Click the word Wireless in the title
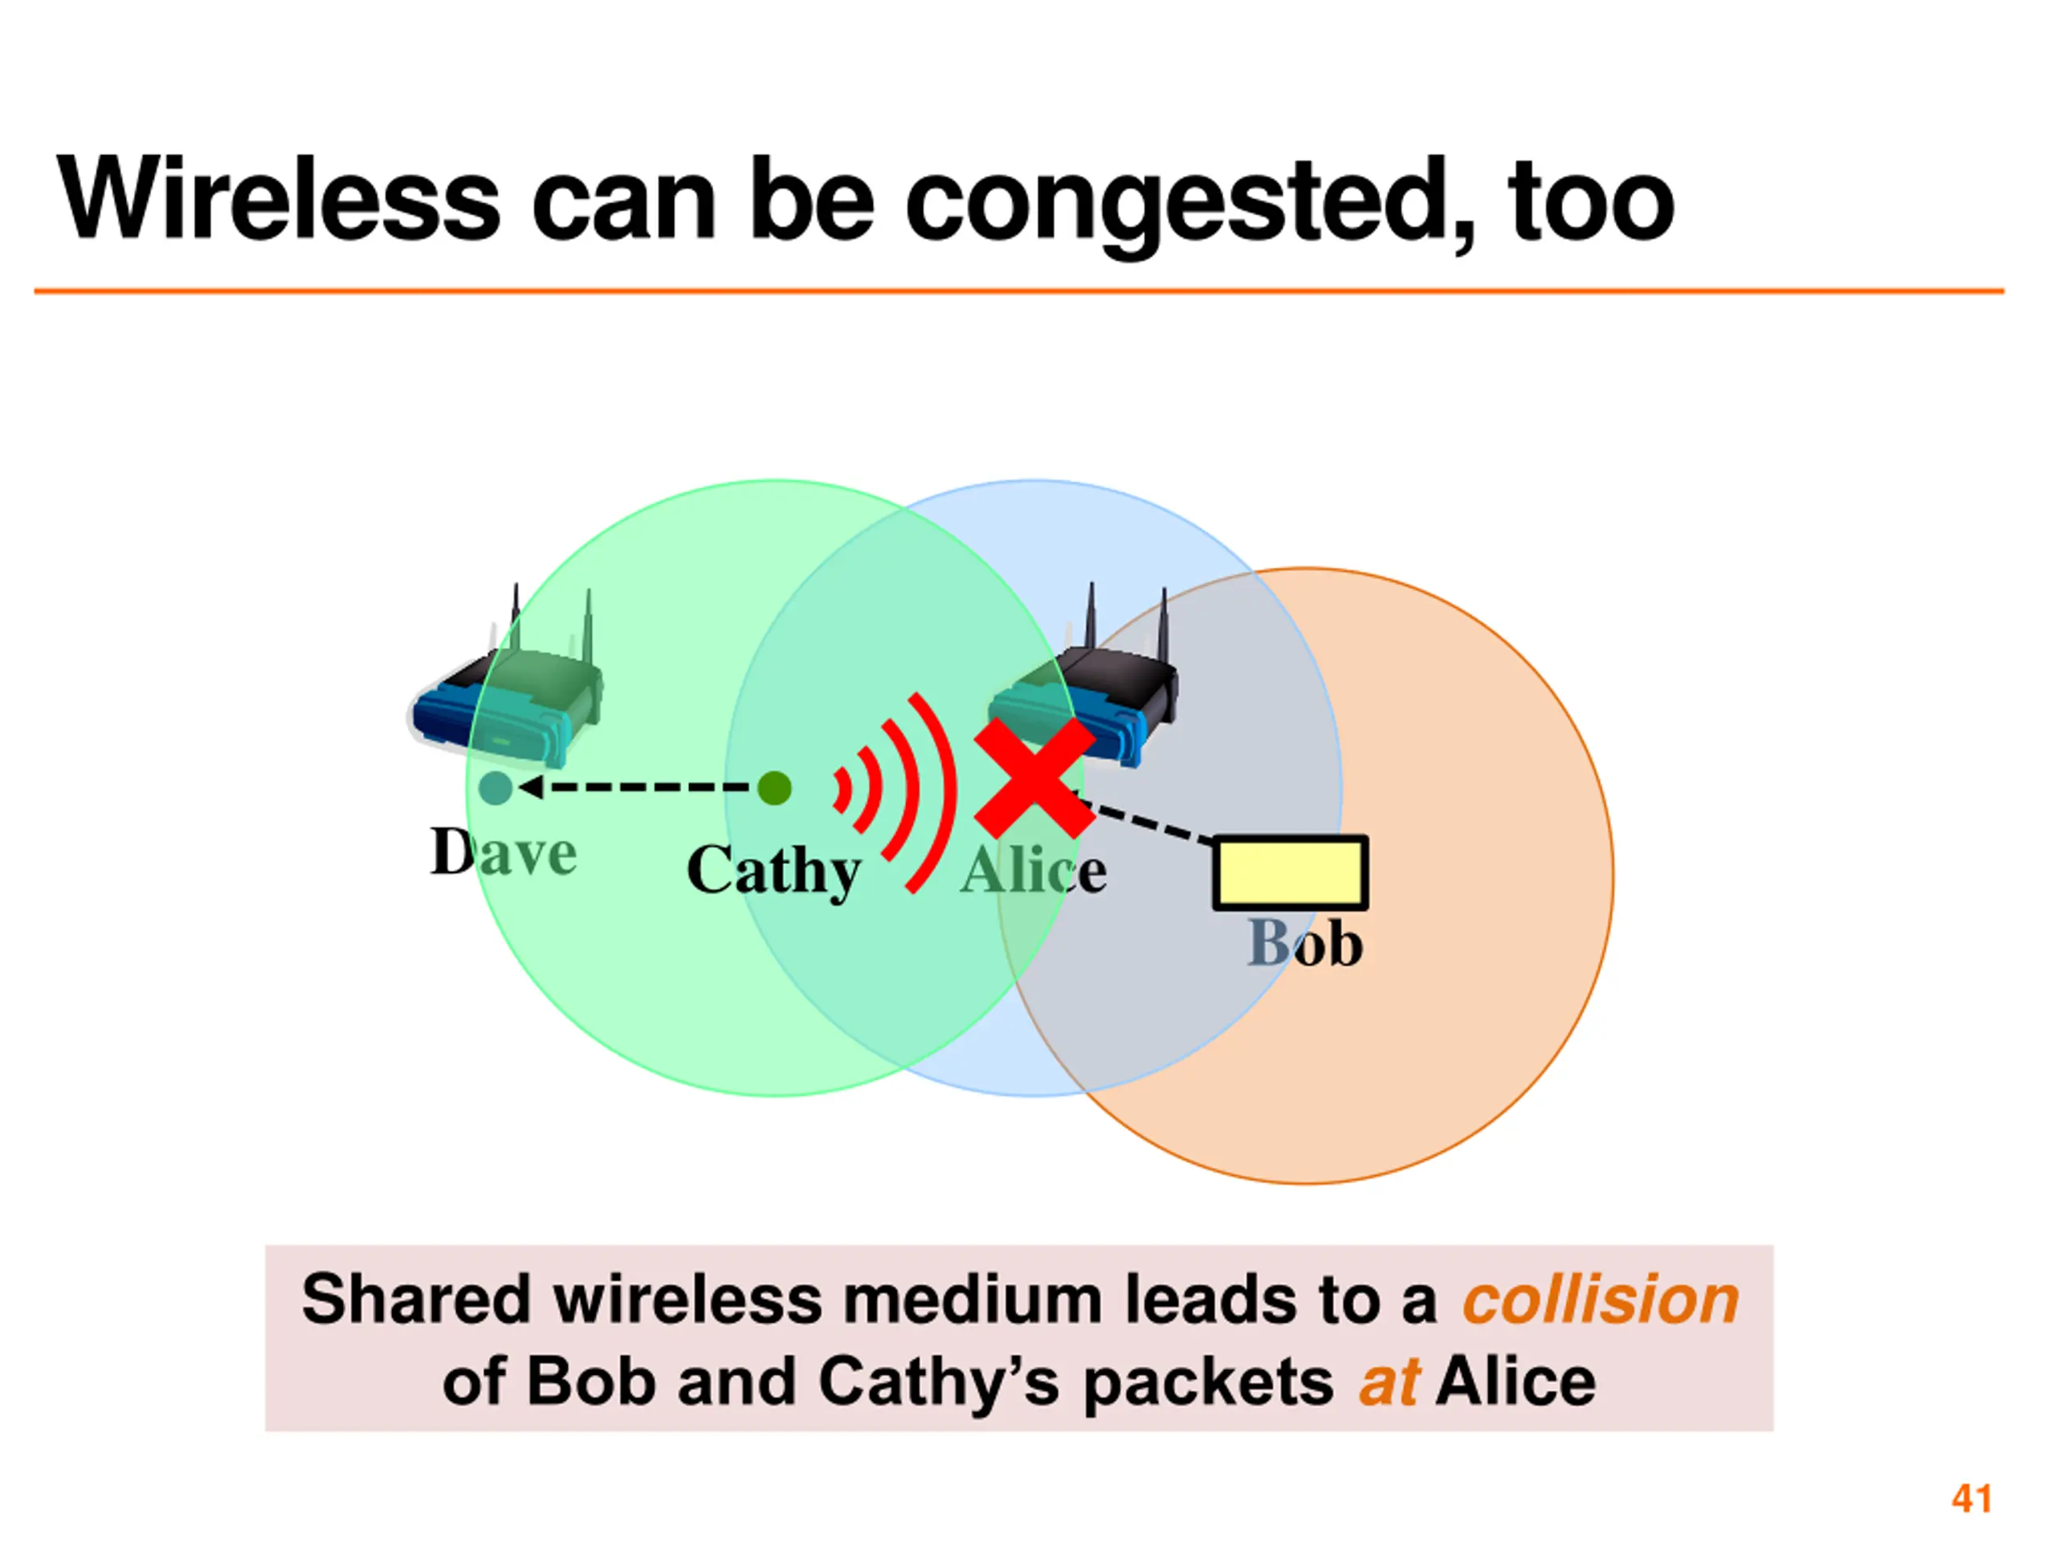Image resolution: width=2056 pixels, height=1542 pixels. tap(279, 200)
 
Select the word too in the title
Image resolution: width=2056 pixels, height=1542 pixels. tap(1590, 200)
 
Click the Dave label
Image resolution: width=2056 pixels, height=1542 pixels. tap(503, 851)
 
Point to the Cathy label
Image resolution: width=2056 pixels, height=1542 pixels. tap(773, 871)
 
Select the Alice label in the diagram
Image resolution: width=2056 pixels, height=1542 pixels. tap(1033, 871)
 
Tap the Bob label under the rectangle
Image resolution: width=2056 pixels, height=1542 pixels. tap(1304, 944)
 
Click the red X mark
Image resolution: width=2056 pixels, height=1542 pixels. tap(1034, 777)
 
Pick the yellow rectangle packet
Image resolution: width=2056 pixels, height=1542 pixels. tap(1290, 872)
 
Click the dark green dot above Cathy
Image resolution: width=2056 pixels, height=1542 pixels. tap(773, 788)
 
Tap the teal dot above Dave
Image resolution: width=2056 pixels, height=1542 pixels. tap(496, 788)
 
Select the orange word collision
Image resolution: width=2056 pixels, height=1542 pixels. tap(1600, 1299)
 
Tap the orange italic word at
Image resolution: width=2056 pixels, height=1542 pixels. tap(1389, 1382)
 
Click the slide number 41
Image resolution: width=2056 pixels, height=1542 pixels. tap(1972, 1499)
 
